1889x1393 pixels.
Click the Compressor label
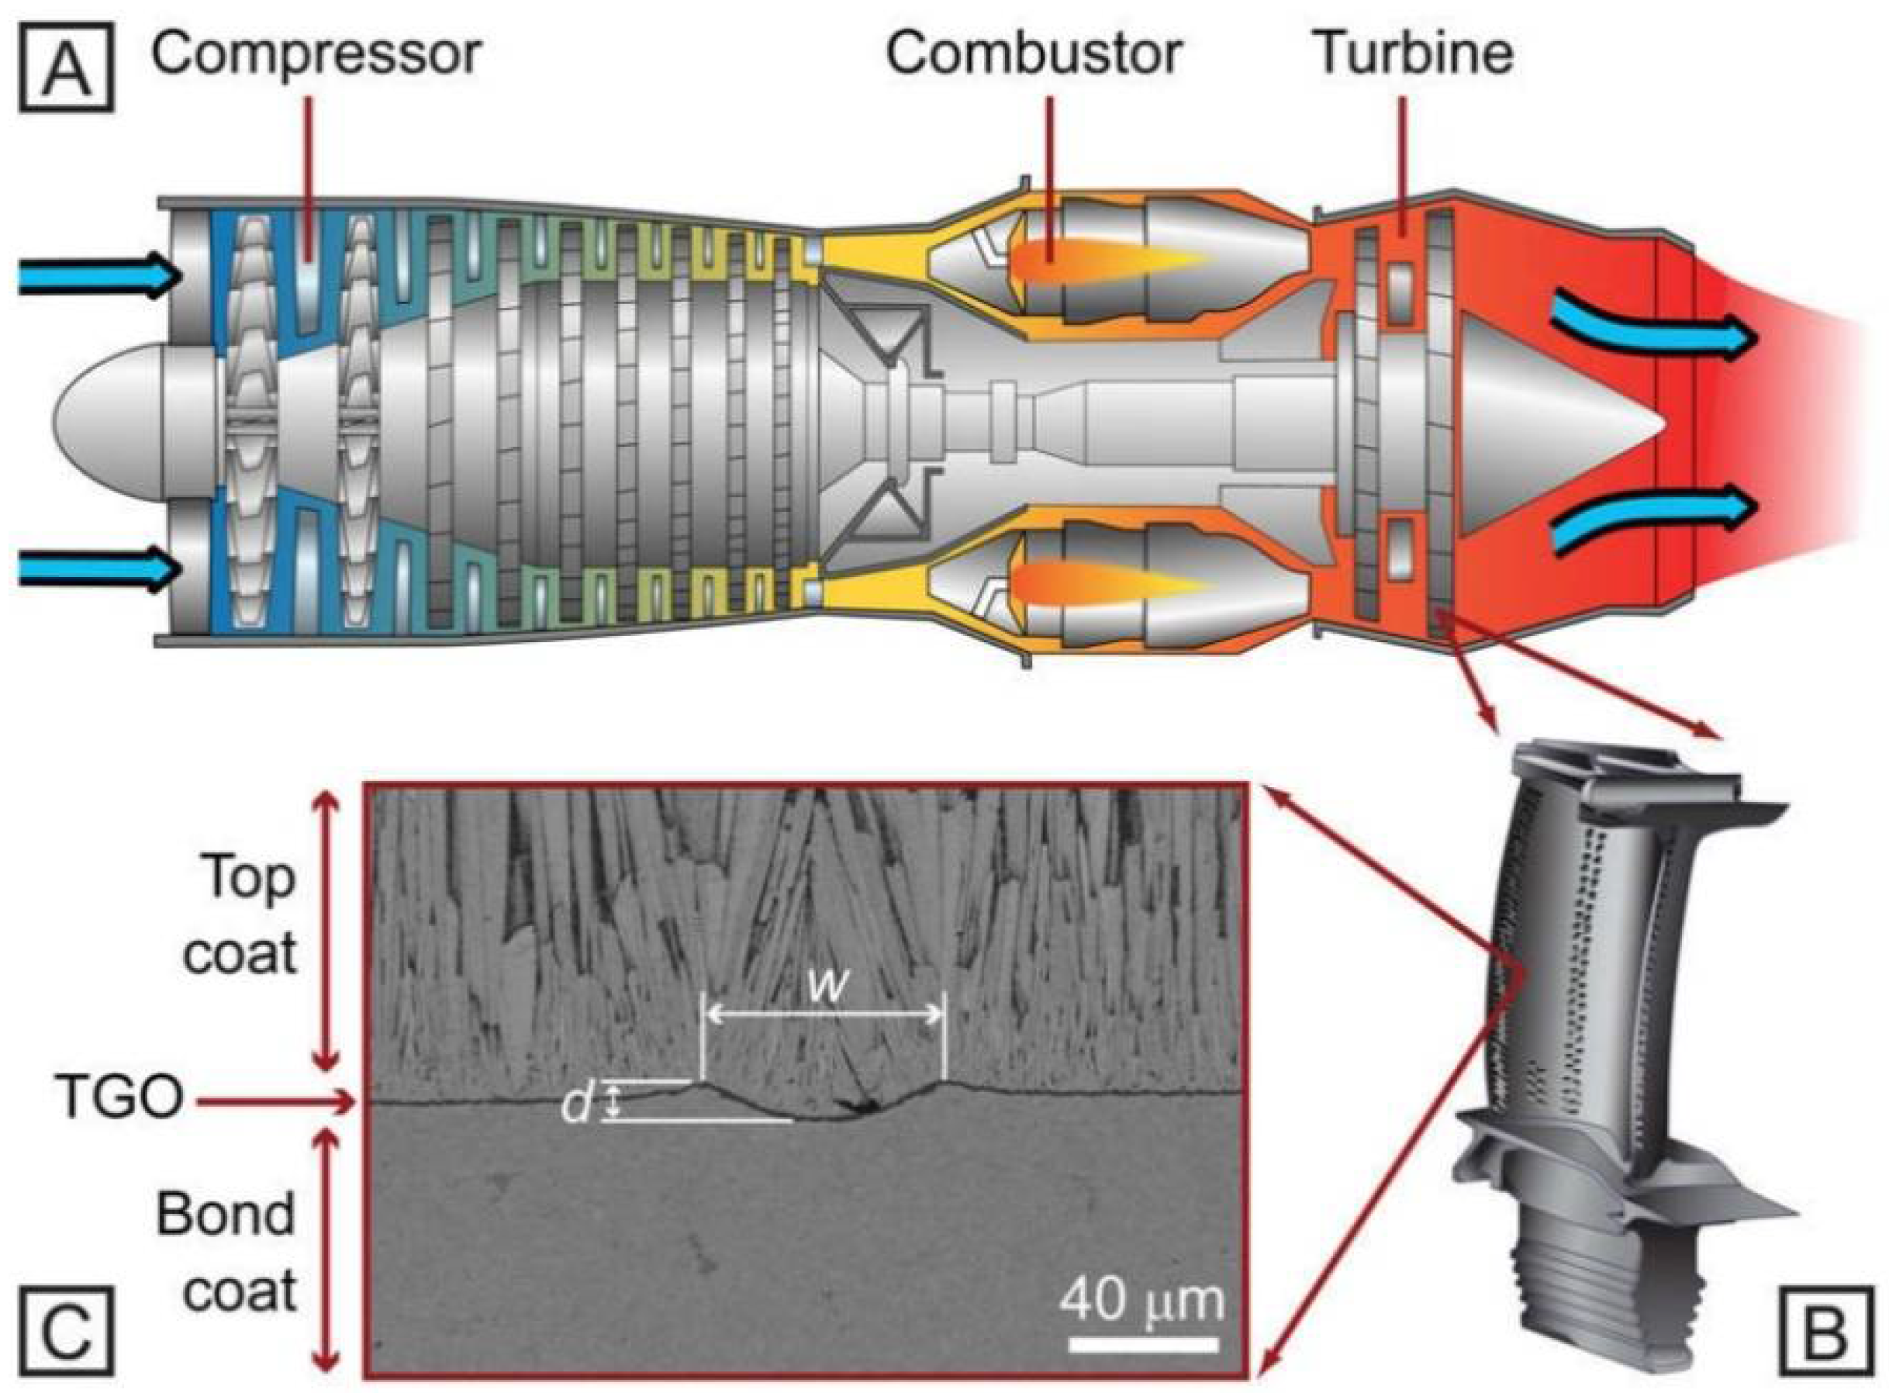(316, 52)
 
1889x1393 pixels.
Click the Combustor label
(1034, 52)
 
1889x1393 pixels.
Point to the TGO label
(120, 1100)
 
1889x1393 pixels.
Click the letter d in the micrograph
(578, 1104)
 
